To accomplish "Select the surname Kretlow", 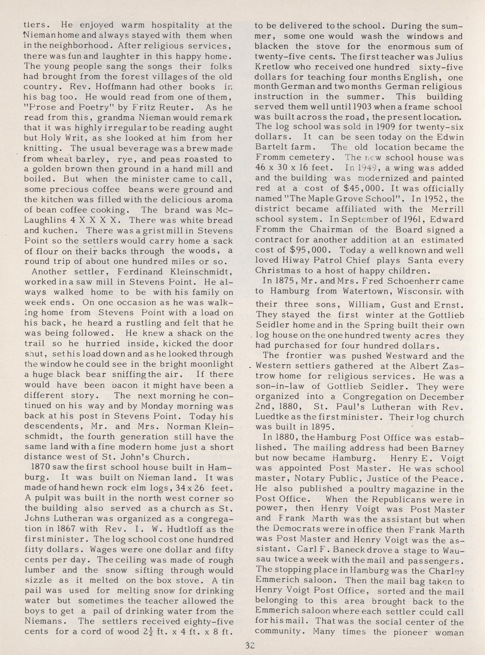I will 272,67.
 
